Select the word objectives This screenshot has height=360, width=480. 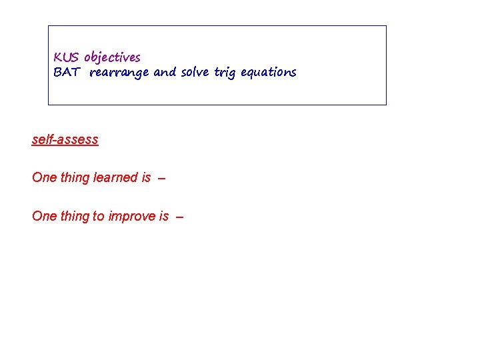112,58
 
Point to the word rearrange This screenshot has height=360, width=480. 119,73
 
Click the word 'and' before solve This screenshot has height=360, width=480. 165,73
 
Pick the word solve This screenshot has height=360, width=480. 195,73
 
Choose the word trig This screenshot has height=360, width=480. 225,73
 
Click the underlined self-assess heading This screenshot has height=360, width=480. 65,140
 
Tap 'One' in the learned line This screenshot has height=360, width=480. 44,178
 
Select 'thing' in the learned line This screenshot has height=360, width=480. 75,178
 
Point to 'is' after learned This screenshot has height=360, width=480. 146,178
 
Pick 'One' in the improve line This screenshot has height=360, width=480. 44,217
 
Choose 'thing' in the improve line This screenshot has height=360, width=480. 75,217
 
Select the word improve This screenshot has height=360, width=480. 132,217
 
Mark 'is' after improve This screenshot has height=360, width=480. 164,217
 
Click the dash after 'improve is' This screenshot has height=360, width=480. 179,217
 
